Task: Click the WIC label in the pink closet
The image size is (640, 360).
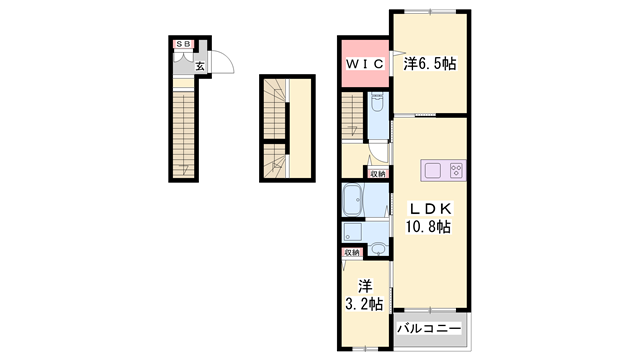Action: [365, 64]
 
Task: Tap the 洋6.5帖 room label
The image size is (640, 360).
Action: [429, 64]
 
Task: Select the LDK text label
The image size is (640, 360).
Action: [430, 208]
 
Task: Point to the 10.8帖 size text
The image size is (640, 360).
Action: [428, 227]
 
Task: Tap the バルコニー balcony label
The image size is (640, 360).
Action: [428, 328]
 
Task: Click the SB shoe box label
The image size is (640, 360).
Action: [184, 45]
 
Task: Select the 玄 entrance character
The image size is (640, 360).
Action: [200, 67]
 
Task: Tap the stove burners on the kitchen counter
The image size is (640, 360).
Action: [456, 170]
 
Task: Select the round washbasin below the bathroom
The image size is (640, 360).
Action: [378, 248]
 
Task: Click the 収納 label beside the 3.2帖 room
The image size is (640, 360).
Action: [352, 253]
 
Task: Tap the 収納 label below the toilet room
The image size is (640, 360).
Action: [377, 173]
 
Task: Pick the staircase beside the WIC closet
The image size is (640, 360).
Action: [353, 117]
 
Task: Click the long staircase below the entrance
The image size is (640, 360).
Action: [183, 130]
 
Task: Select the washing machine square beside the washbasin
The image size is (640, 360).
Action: [352, 231]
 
